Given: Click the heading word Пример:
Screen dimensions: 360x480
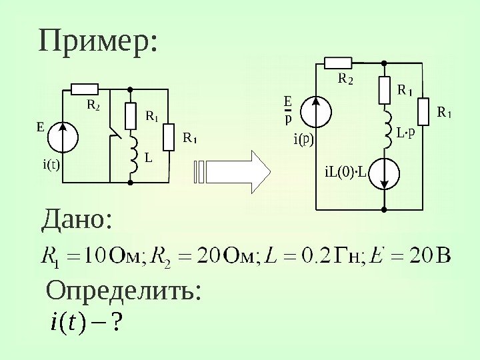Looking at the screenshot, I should pyautogui.click(x=99, y=43).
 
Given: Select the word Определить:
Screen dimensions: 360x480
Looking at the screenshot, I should pyautogui.click(x=123, y=291).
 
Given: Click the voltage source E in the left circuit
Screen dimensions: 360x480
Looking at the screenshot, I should pyautogui.click(x=65, y=136).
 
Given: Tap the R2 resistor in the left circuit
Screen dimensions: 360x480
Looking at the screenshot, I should pyautogui.click(x=85, y=89).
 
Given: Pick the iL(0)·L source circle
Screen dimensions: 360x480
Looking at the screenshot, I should pyautogui.click(x=385, y=173).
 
